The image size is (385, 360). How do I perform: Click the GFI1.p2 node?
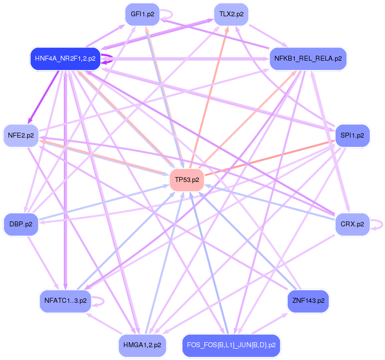pos(140,14)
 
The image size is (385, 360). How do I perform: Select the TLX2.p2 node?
pos(231,14)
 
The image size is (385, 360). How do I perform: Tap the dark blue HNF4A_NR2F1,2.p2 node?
pos(65,59)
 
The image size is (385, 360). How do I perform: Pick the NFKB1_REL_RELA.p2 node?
pos(308,59)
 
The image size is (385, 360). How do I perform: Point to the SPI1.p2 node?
pos(352,135)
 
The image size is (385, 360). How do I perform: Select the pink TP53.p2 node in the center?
pos(187,180)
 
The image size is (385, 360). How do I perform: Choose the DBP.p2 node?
pos(21,224)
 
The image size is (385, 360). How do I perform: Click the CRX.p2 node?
pos(352,224)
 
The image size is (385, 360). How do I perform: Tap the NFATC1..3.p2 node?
pos(65,300)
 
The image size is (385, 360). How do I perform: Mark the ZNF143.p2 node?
pos(308,300)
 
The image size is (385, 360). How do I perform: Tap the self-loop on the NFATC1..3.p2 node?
pos(103,300)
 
